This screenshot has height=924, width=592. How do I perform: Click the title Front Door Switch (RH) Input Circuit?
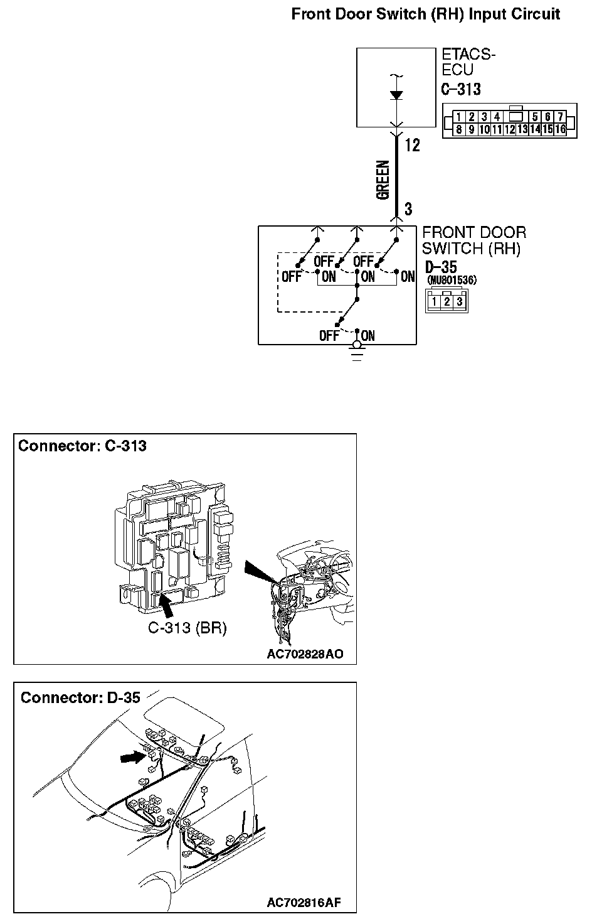[x=426, y=14]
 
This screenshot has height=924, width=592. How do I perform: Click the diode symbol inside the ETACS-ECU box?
[x=396, y=95]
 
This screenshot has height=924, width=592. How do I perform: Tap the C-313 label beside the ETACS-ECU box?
[x=461, y=89]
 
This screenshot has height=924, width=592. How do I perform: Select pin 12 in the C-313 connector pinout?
[x=510, y=129]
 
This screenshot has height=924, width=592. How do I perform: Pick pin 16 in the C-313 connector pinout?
[x=560, y=129]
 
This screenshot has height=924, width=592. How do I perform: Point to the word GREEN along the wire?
[x=383, y=181]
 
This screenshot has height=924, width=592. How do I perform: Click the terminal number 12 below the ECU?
[x=412, y=146]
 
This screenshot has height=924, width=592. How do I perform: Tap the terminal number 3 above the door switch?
[x=408, y=208]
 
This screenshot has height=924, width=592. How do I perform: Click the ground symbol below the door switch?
[x=357, y=355]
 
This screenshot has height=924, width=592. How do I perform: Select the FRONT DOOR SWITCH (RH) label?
[x=473, y=240]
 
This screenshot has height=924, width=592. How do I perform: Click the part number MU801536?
[x=451, y=280]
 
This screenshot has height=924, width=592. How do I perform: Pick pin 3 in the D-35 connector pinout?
[x=460, y=302]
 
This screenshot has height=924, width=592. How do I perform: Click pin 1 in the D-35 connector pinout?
[x=435, y=302]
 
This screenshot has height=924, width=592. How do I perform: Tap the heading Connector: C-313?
[x=82, y=446]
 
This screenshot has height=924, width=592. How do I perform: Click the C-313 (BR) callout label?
[x=187, y=627]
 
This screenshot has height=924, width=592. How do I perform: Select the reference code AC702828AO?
[x=305, y=654]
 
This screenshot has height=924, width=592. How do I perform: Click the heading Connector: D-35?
[x=80, y=697]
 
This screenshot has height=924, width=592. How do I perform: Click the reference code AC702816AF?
[x=304, y=903]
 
